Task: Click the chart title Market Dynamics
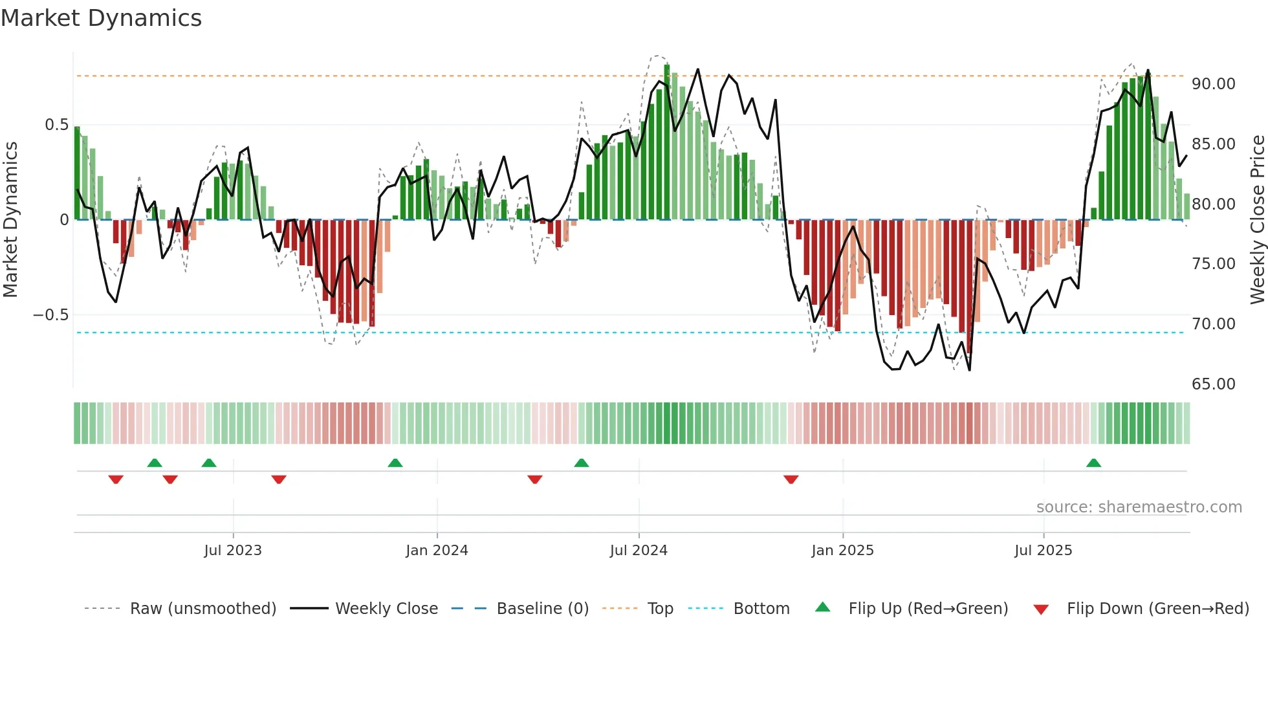(101, 18)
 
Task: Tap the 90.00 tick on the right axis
(1213, 84)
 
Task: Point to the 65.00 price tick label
(1213, 384)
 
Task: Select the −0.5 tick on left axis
(50, 315)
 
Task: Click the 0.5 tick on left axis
(56, 125)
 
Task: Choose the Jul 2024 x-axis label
(638, 551)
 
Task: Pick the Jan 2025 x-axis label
(842, 551)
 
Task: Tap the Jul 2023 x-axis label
(233, 551)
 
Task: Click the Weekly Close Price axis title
(1257, 219)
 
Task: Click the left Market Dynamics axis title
(10, 219)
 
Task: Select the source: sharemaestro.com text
(1139, 507)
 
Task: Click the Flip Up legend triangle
(822, 608)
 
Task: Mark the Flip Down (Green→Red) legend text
(1157, 609)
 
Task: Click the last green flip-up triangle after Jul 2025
(1093, 463)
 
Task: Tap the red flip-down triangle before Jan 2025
(791, 479)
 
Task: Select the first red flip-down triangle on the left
(116, 479)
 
